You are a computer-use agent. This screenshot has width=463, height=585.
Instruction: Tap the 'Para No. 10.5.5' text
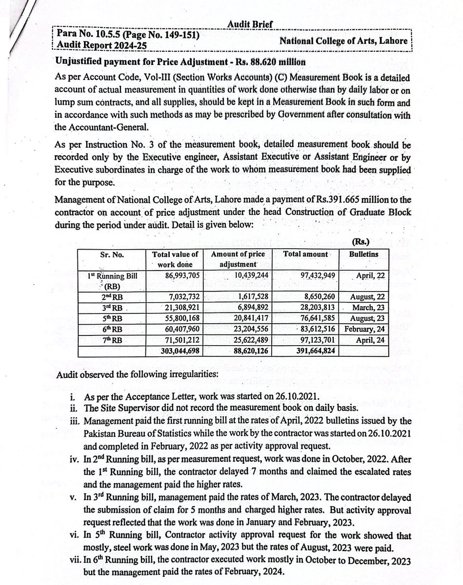pyautogui.click(x=89, y=35)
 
